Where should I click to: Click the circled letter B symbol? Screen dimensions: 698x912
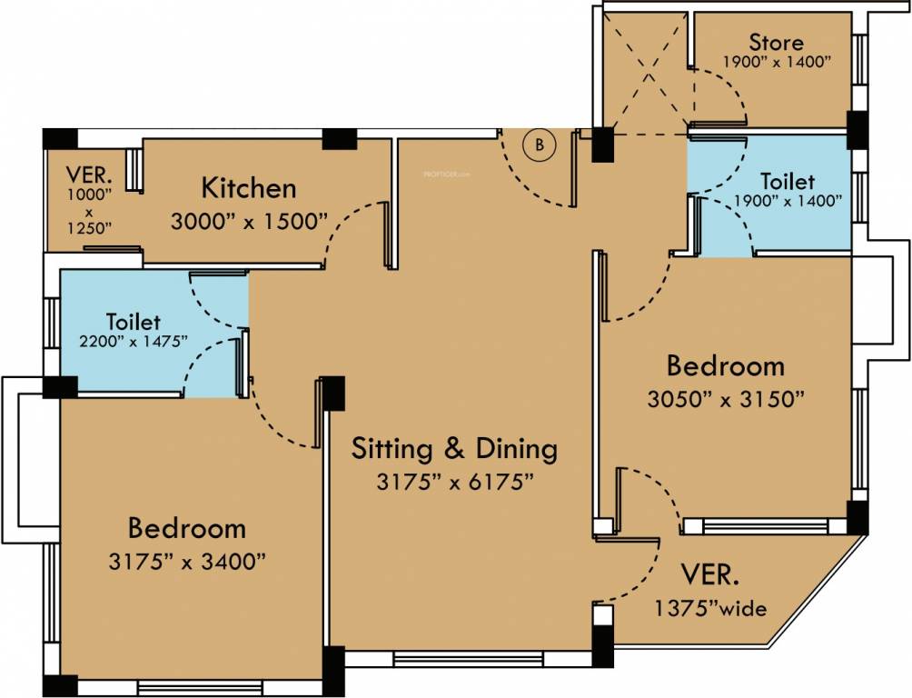point(540,145)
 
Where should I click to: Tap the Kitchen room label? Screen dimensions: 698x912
point(248,189)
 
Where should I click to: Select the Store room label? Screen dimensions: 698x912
point(776,43)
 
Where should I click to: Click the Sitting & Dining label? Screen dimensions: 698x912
point(453,449)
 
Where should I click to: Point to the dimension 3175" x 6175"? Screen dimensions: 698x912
point(453,482)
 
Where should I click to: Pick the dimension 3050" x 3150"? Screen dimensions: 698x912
point(725,399)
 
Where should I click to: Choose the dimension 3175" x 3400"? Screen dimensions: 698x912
point(186,561)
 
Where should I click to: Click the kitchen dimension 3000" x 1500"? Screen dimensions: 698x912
point(248,221)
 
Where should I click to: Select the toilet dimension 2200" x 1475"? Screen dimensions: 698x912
point(134,341)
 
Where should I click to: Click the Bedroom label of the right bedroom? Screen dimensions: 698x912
point(725,366)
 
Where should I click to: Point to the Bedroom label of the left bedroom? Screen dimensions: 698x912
point(186,528)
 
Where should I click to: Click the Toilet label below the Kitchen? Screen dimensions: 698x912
point(134,322)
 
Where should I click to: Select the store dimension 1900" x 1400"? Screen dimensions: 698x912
point(777,62)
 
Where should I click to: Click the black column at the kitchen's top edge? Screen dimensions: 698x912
point(339,139)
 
